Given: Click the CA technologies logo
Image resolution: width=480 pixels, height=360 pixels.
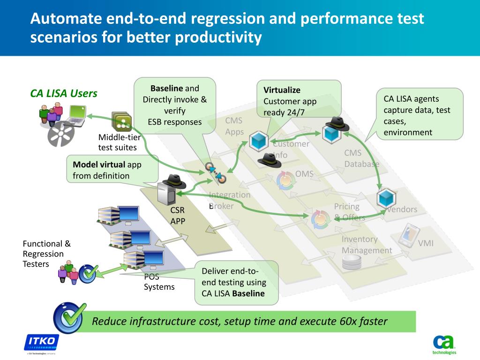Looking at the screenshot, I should coord(443,343).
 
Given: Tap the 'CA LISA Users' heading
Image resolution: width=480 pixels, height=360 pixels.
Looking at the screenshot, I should coord(64,93).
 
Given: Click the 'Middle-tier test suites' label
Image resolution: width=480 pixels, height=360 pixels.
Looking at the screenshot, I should coord(119,142).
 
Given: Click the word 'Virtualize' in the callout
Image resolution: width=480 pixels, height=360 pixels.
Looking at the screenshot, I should coord(282,90).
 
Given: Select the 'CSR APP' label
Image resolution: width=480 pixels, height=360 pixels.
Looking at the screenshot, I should coord(178,216).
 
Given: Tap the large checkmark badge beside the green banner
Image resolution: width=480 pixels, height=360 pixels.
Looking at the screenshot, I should coord(70,318).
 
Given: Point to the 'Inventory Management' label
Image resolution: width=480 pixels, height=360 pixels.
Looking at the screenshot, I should coord(367,245).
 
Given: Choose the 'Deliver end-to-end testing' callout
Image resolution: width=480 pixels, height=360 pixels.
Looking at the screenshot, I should coord(236,282).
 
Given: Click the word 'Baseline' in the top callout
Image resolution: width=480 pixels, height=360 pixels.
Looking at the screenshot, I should coord(166,89).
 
